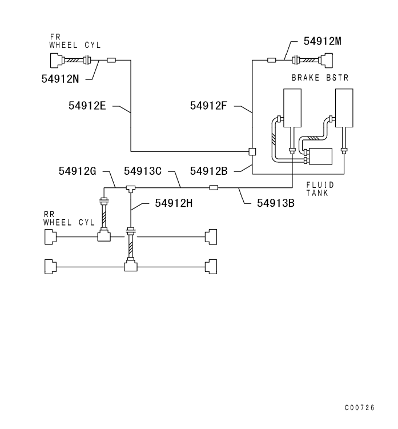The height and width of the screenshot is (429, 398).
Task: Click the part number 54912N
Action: [x=60, y=79]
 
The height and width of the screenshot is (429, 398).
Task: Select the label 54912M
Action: [x=323, y=42]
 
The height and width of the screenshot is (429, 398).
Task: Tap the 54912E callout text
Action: [x=86, y=106]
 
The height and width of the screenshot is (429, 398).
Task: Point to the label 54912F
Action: [x=209, y=106]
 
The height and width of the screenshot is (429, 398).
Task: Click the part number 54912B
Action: [x=209, y=170]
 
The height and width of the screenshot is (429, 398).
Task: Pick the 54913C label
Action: [x=142, y=170]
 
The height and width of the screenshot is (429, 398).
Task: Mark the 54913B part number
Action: [x=276, y=202]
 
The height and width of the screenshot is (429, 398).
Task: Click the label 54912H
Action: [x=174, y=202]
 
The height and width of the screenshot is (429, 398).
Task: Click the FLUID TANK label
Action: [x=320, y=189]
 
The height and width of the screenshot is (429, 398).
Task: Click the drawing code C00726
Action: [x=360, y=408]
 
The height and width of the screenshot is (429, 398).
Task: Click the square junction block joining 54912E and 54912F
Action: [x=252, y=151]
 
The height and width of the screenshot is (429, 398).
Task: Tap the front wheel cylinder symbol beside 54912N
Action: [x=57, y=60]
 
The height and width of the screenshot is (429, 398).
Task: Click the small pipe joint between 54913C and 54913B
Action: [x=214, y=187]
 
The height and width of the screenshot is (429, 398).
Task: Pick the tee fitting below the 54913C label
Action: [x=131, y=187]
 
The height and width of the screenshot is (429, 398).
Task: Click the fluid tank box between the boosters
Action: [x=320, y=156]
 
